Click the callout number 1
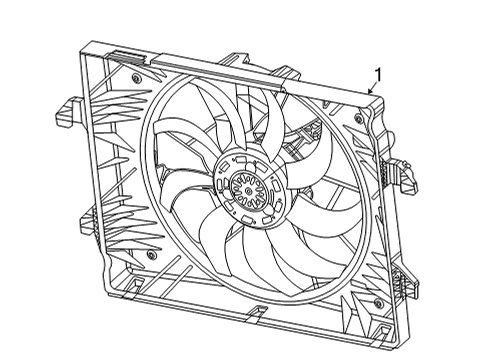pyautogui.click(x=378, y=73)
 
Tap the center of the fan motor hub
pyautogui.click(x=243, y=185)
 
